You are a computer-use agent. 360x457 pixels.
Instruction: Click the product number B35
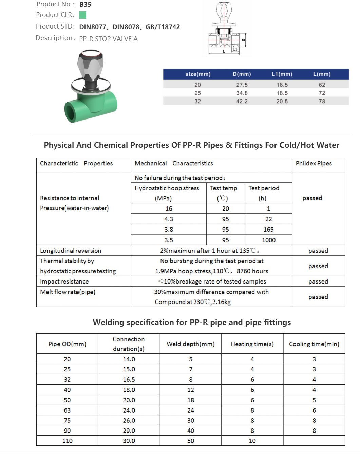click(85, 5)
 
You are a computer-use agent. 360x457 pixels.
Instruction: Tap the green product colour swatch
click(82, 15)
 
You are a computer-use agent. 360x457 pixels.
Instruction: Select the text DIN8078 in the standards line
click(126, 27)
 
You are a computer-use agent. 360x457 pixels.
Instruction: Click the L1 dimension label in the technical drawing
click(235, 49)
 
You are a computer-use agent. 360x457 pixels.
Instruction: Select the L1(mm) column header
click(282, 74)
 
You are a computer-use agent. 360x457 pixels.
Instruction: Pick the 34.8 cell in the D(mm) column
click(242, 93)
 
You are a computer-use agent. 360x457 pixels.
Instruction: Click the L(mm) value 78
click(322, 101)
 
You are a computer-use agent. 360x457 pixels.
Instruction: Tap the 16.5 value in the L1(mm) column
click(282, 85)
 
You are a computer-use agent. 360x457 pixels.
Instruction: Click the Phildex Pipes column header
click(314, 163)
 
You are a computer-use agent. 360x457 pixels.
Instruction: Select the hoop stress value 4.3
click(169, 219)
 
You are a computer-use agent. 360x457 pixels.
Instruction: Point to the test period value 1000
click(268, 240)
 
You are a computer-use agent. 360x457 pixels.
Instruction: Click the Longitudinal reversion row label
click(71, 251)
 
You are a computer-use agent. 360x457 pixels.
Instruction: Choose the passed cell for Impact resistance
click(318, 281)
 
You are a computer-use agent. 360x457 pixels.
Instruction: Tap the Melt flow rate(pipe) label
click(68, 292)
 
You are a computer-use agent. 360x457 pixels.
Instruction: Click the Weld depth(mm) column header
click(190, 344)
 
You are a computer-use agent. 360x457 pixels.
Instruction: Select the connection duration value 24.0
click(129, 410)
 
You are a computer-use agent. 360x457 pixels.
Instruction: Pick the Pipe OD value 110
click(67, 441)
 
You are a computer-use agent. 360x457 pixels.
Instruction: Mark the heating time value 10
click(252, 441)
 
